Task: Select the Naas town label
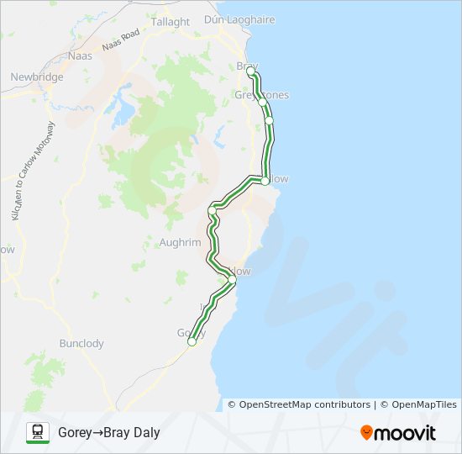pyautogui.click(x=79, y=55)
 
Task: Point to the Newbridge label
pyautogui.click(x=37, y=77)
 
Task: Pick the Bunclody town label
pyautogui.click(x=81, y=343)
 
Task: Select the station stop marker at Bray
pyautogui.click(x=249, y=72)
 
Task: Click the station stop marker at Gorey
pyautogui.click(x=192, y=341)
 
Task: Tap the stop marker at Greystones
pyautogui.click(x=262, y=102)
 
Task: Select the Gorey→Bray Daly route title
pyautogui.click(x=108, y=433)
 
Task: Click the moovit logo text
pyautogui.click(x=406, y=433)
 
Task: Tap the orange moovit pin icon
pyautogui.click(x=367, y=433)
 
